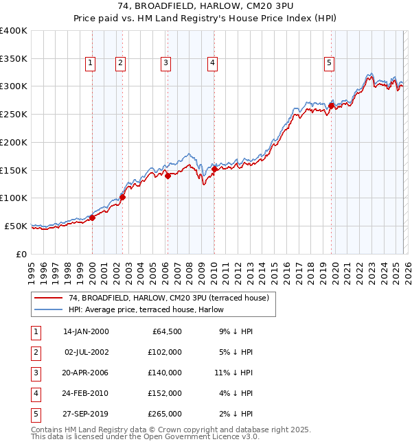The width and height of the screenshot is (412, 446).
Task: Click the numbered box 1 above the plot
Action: pos(91,64)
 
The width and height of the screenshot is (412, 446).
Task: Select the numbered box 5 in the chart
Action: pos(330,64)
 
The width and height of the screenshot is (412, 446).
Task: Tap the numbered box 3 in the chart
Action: pos(166,64)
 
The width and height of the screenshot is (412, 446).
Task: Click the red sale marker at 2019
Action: pos(331,106)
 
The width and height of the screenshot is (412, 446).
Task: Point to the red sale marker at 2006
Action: pos(168,176)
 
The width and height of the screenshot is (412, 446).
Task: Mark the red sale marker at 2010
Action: pos(214,169)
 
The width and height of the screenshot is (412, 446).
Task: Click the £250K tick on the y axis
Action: pos(14,114)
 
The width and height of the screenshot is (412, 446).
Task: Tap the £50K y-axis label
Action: pos(16,226)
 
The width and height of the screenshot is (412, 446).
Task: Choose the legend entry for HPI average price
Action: pos(134,309)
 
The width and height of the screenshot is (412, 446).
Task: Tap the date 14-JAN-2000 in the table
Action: pos(86,331)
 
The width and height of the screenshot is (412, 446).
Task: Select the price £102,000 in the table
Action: pos(165,352)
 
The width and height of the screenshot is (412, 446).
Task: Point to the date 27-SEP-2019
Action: pos(86,414)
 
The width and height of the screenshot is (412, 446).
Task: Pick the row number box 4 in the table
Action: pos(35,393)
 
